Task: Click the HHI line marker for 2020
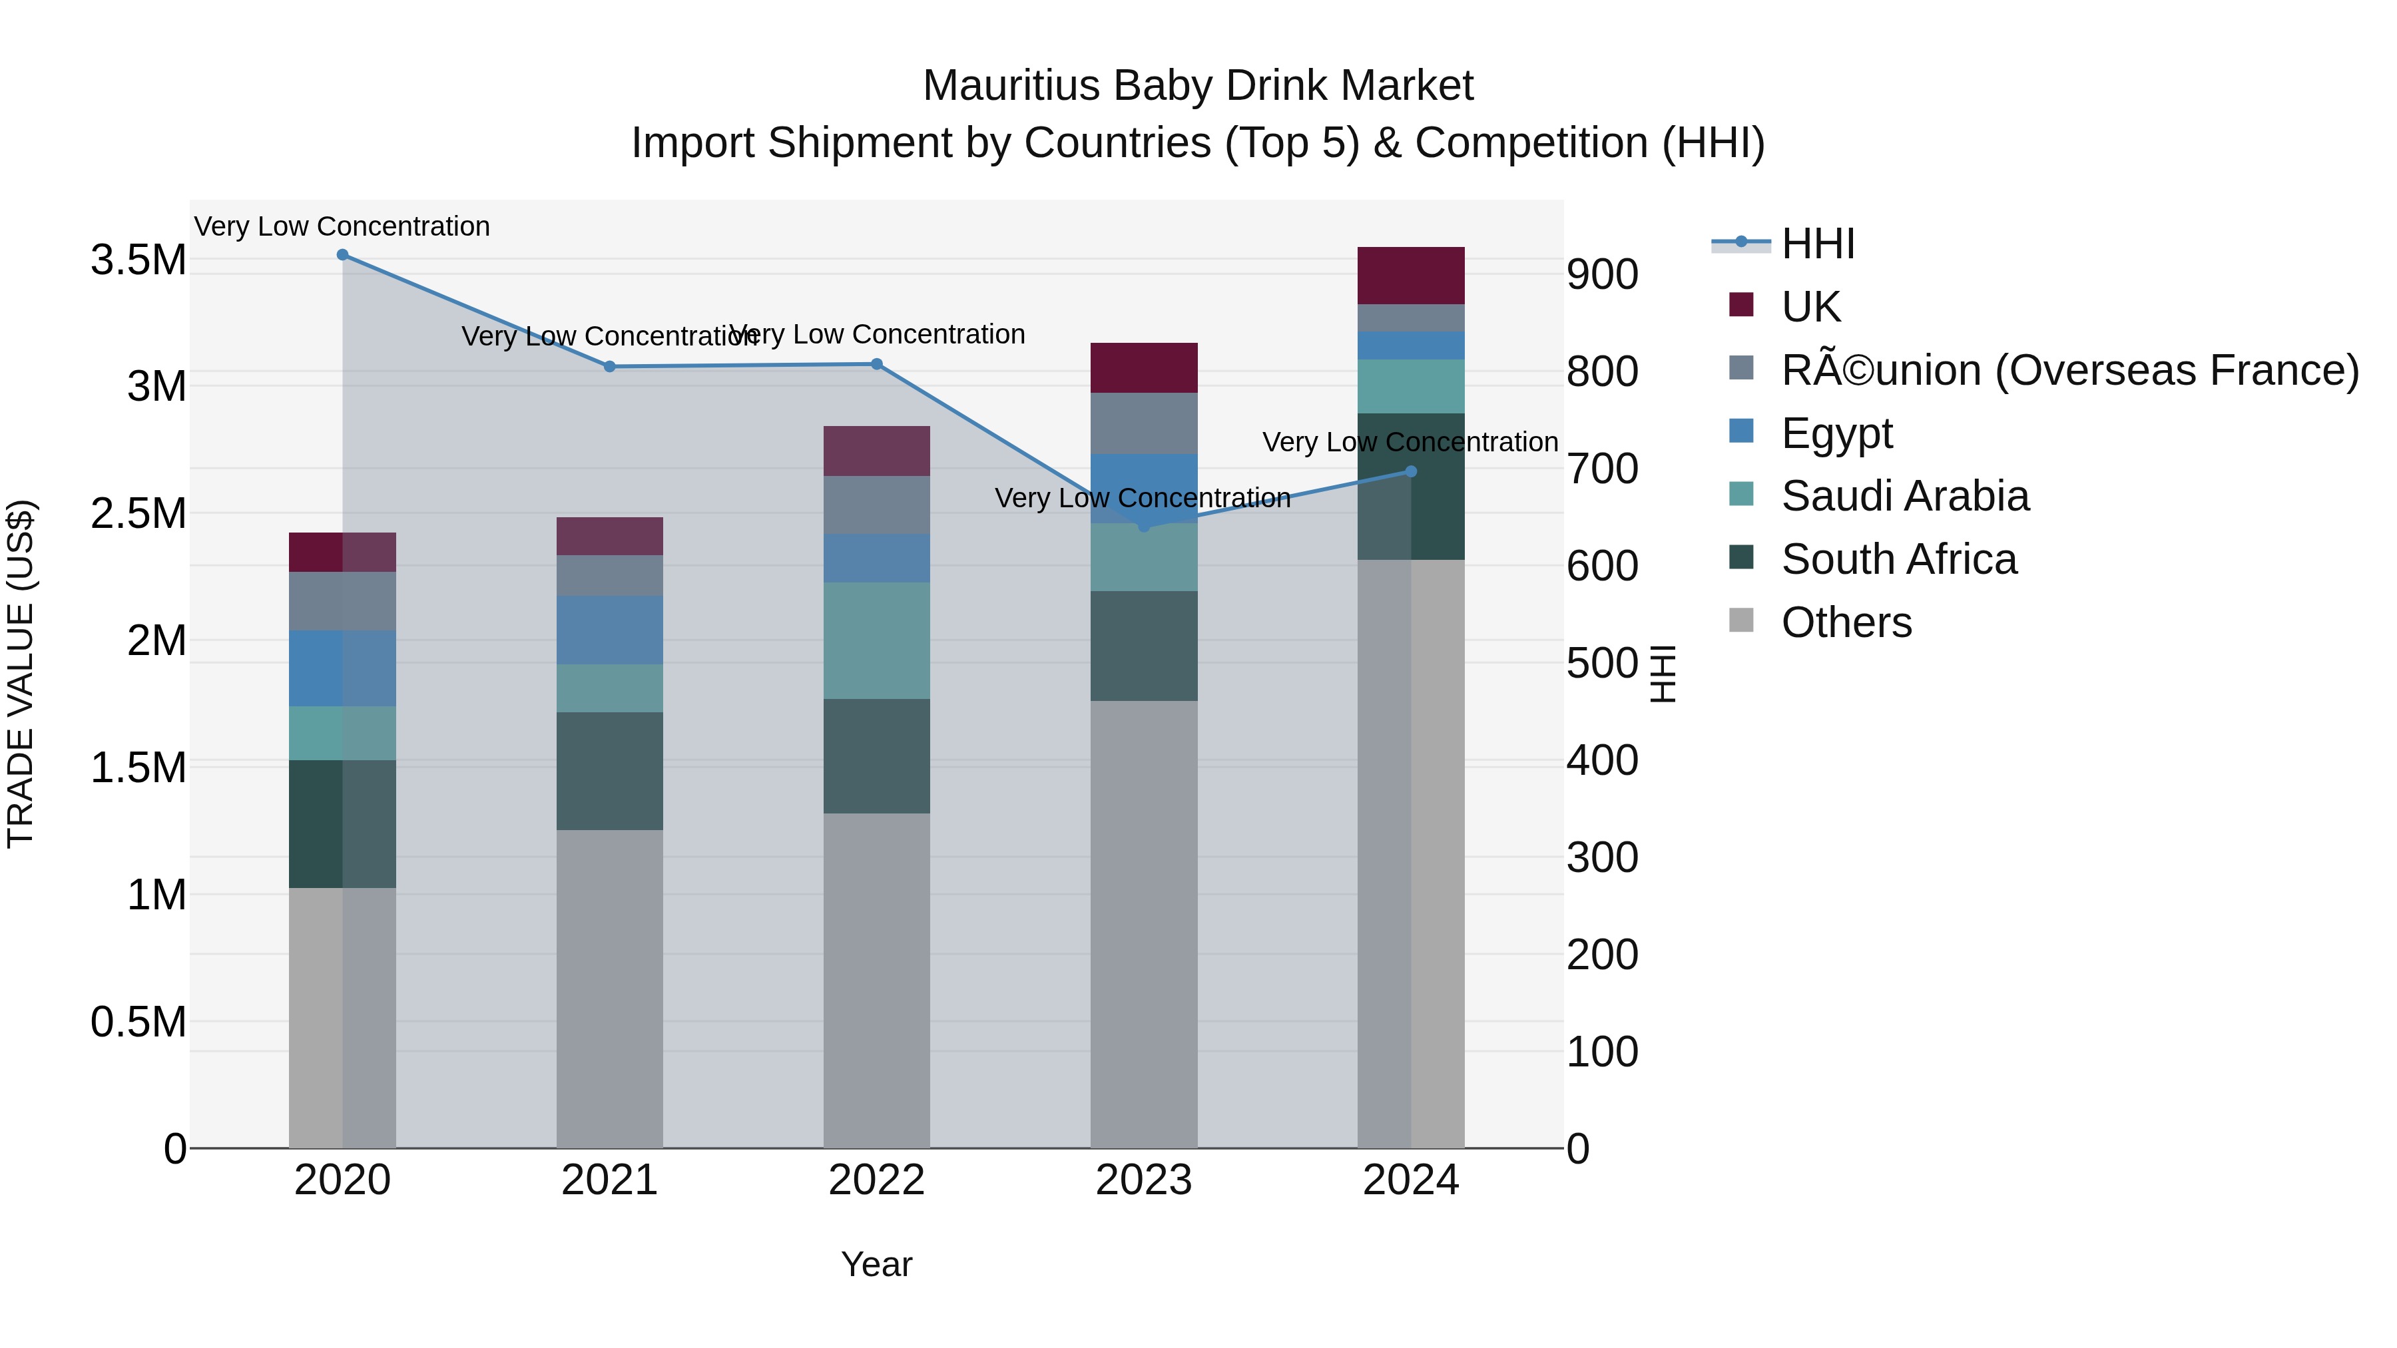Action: tap(342, 255)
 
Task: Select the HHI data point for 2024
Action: tap(1411, 472)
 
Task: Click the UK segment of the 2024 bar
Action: tap(1411, 276)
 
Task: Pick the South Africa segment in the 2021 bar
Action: tap(609, 772)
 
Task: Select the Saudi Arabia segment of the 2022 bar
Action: tap(876, 641)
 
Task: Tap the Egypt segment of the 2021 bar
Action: tap(609, 630)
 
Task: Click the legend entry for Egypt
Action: tap(1836, 433)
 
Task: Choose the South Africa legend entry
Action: tap(1898, 560)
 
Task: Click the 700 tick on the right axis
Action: tap(1603, 469)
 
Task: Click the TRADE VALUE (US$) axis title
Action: tap(21, 674)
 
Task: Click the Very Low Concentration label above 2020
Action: tap(342, 227)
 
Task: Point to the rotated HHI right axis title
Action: tap(1662, 674)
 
